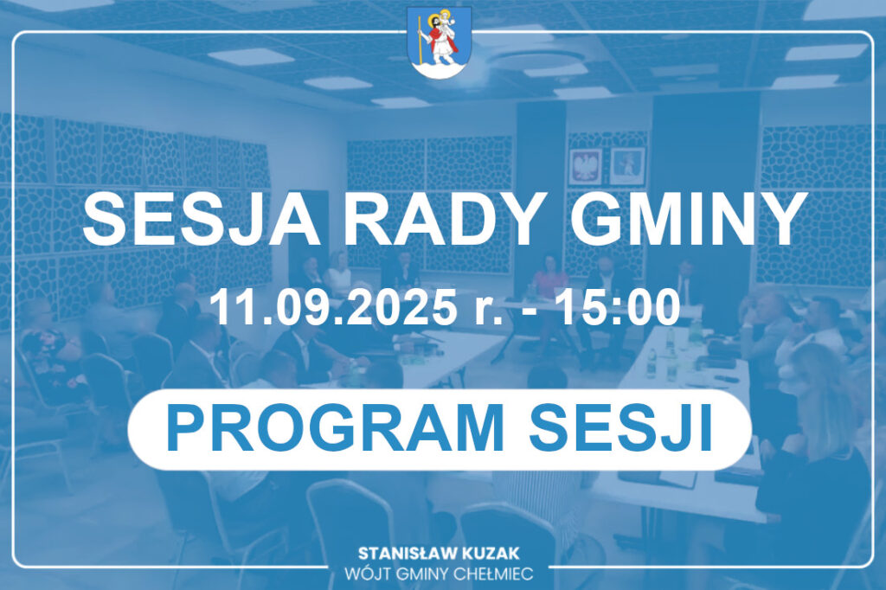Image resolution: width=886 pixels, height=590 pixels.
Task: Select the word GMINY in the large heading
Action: (688, 219)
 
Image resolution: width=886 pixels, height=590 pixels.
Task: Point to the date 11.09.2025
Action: (332, 307)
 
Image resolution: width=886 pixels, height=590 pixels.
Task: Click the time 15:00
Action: (617, 307)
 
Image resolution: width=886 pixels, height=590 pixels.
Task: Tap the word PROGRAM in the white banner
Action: (335, 428)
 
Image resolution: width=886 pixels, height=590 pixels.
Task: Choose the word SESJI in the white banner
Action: (620, 428)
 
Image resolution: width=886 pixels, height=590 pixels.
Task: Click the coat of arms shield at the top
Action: (440, 42)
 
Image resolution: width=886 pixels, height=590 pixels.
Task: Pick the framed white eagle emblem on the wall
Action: (585, 167)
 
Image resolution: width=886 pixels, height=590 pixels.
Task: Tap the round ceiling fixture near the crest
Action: (535, 61)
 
